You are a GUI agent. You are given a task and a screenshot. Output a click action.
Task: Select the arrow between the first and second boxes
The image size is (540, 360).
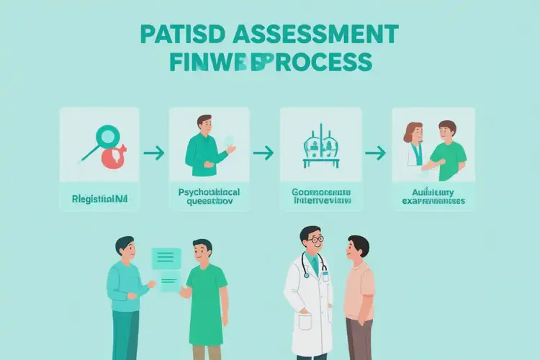[x=153, y=153]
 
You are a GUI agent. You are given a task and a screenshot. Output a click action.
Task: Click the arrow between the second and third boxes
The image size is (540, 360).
[x=264, y=153]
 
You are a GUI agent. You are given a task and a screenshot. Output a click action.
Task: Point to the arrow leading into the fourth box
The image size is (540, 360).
[x=375, y=153]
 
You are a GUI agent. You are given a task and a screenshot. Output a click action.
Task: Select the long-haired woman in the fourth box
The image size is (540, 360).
[x=414, y=148]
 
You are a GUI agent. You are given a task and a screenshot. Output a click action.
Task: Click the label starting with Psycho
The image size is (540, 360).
[x=210, y=198]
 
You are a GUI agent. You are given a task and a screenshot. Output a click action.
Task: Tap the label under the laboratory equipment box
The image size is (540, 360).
[x=321, y=197]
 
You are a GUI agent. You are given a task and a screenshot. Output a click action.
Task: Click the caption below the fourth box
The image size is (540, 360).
[x=433, y=197]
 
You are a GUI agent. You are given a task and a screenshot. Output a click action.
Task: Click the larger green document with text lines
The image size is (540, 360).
[x=166, y=258]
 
